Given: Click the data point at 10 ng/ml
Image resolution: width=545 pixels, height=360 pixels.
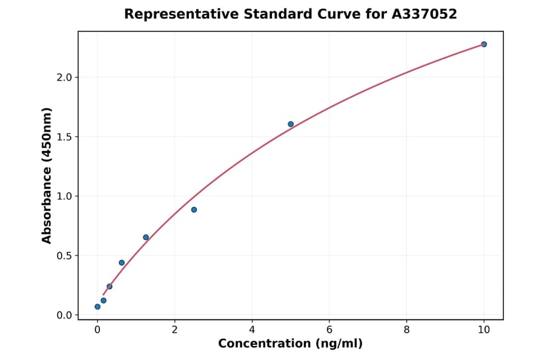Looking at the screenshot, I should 484,44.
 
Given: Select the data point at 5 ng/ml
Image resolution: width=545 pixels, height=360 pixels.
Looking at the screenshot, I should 291,124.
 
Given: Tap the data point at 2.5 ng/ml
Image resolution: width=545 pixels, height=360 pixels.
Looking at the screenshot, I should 194,210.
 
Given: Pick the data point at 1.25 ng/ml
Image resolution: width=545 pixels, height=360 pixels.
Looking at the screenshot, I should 146,237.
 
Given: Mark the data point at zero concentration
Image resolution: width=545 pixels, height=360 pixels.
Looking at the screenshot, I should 97,307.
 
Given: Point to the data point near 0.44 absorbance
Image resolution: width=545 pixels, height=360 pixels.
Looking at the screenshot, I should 122,262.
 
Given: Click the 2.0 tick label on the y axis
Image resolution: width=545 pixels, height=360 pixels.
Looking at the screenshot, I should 64,78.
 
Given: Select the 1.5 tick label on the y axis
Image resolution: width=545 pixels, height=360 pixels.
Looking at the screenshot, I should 64,137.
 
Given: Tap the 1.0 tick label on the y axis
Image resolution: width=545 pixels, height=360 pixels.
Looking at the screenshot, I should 64,196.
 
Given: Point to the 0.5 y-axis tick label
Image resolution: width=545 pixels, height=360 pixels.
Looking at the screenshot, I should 64,256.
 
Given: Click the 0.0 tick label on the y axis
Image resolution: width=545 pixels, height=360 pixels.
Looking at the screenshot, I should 64,315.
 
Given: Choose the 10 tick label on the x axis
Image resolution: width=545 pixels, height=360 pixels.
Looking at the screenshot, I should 484,330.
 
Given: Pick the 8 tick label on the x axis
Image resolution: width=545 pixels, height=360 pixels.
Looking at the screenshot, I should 406,330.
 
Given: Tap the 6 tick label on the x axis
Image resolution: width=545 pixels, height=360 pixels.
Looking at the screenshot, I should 329,330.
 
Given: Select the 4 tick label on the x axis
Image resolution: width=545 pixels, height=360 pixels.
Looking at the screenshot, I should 252,330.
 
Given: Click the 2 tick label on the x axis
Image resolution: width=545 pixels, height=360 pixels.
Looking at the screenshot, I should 174,330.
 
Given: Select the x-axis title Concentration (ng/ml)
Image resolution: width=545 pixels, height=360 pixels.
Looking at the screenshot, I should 290,344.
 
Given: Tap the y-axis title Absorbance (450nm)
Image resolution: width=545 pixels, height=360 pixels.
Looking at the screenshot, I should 47,175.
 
